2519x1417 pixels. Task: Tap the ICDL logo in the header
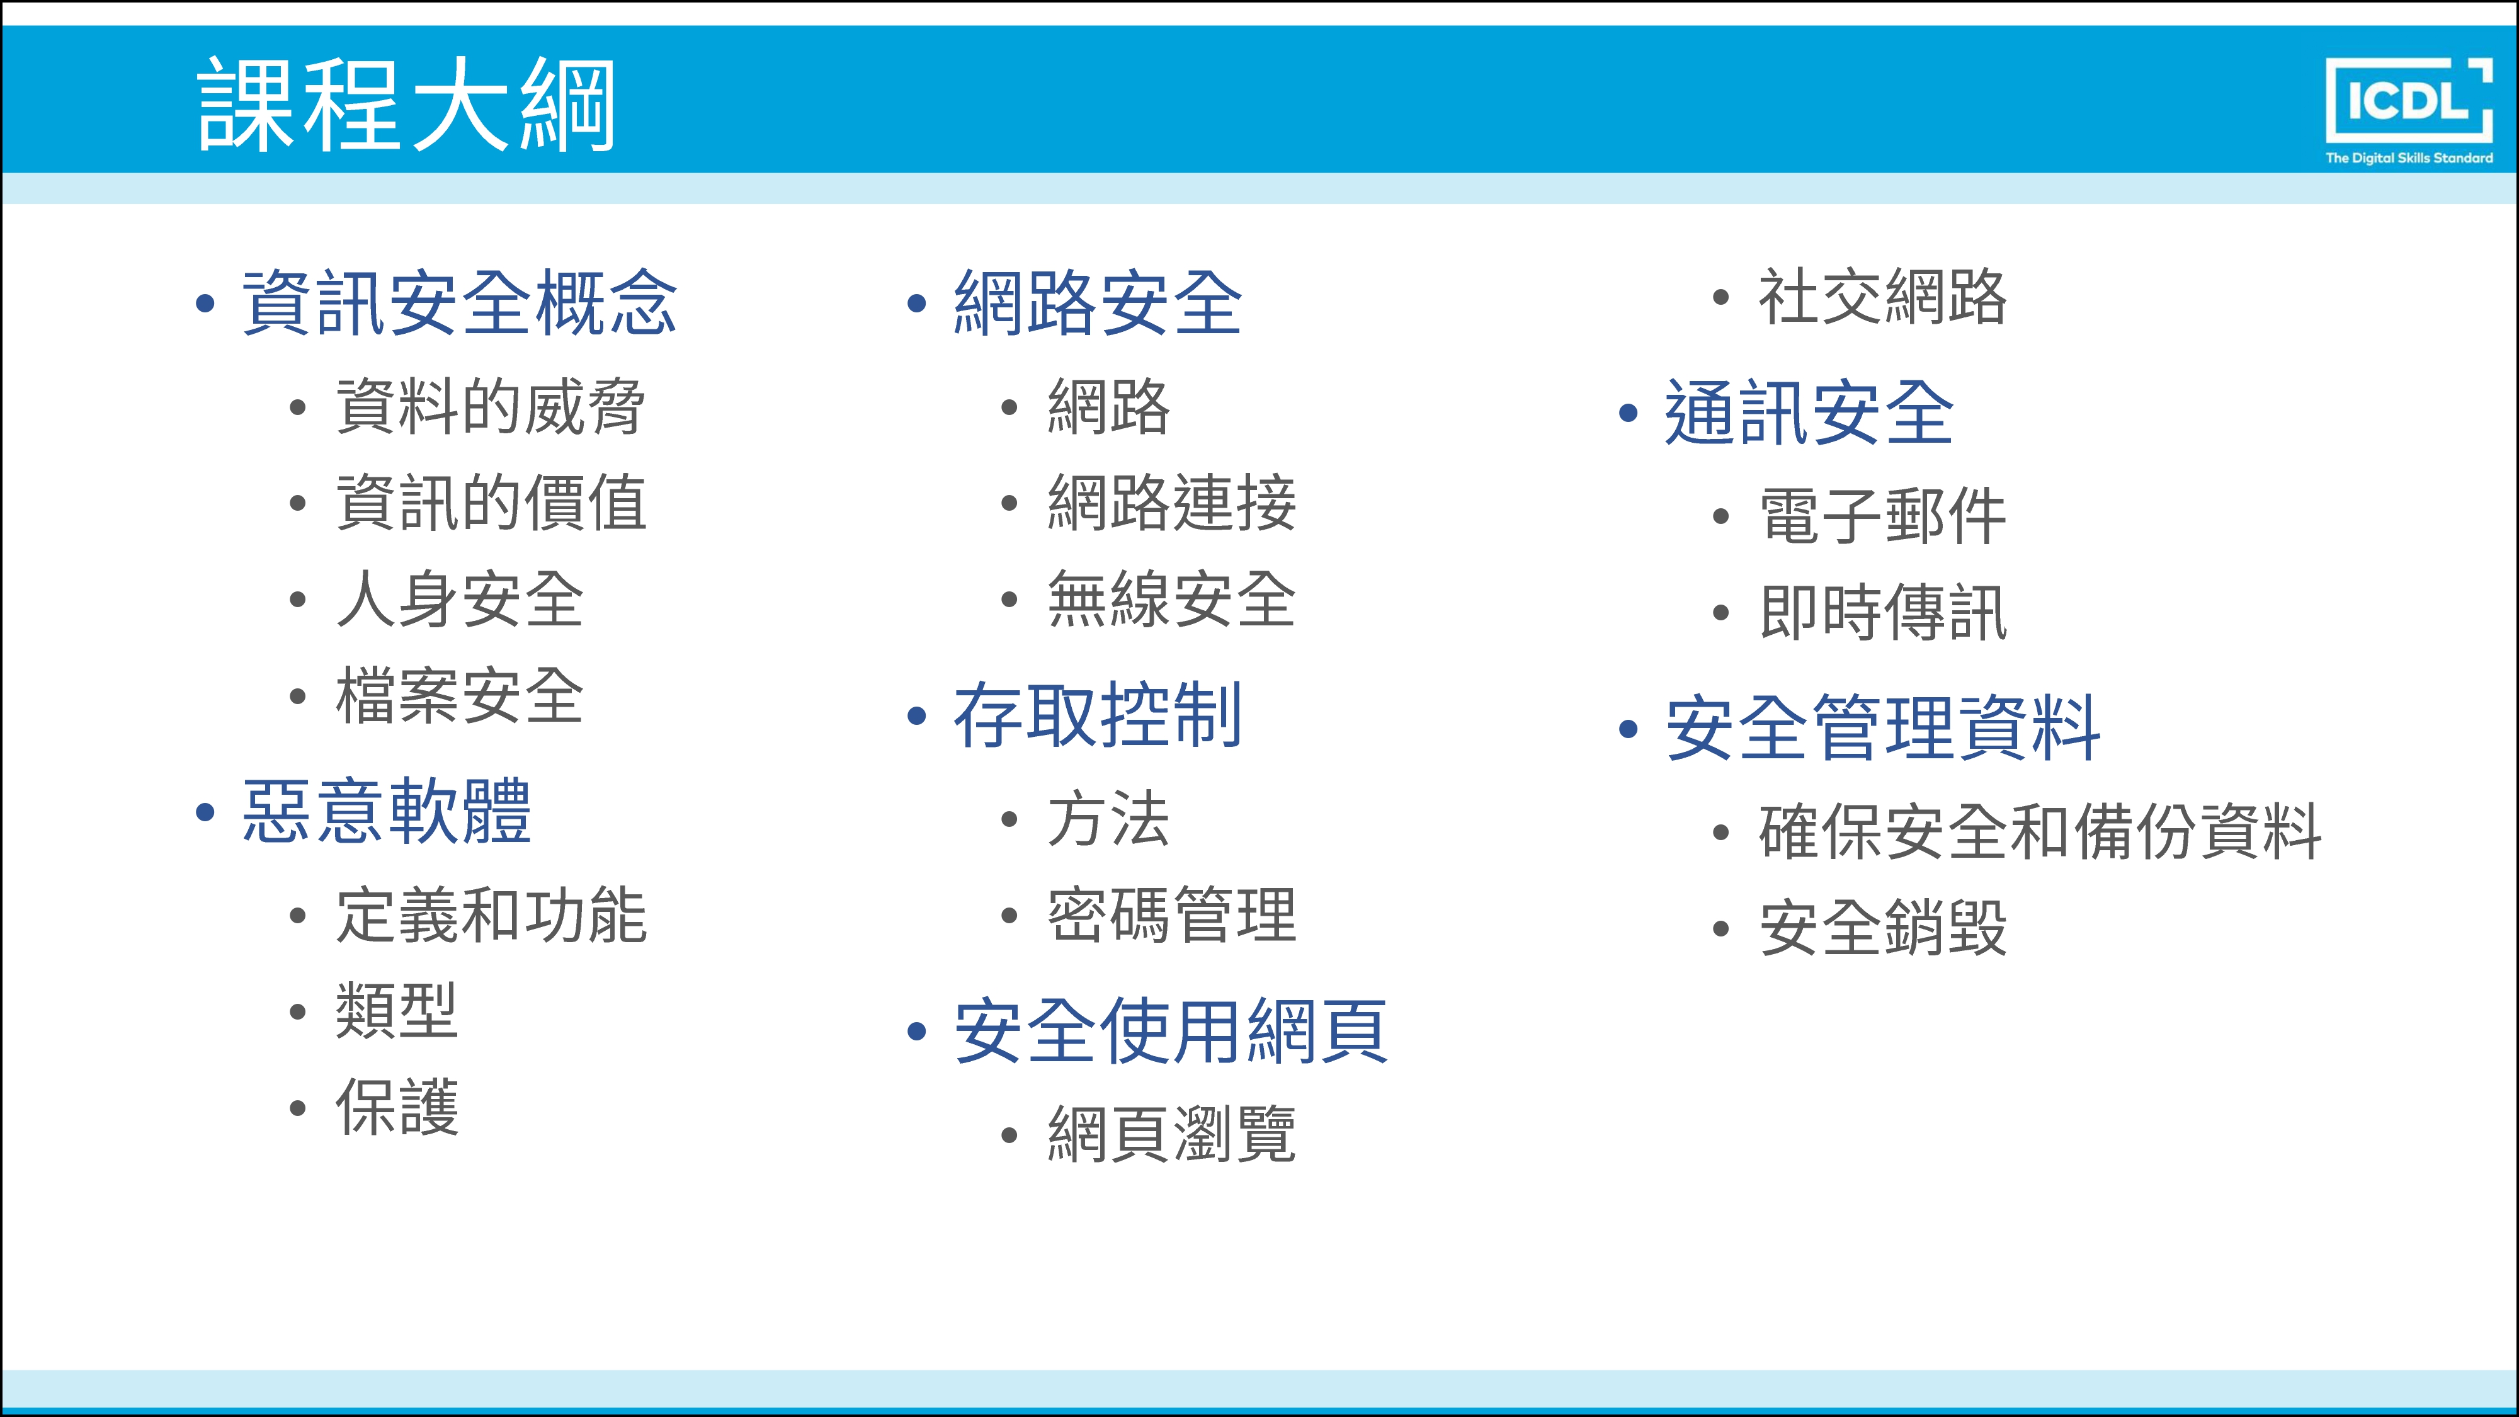point(2409,110)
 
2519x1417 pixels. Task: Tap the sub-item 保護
point(397,1107)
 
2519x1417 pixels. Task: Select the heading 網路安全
point(1097,303)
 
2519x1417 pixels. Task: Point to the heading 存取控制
point(1097,715)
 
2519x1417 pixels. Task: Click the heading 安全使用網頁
point(1171,1031)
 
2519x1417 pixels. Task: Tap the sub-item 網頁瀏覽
point(1171,1134)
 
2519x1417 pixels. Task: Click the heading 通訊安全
point(1809,413)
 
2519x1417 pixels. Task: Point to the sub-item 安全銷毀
point(1882,927)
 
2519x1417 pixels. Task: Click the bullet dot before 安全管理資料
point(1628,729)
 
